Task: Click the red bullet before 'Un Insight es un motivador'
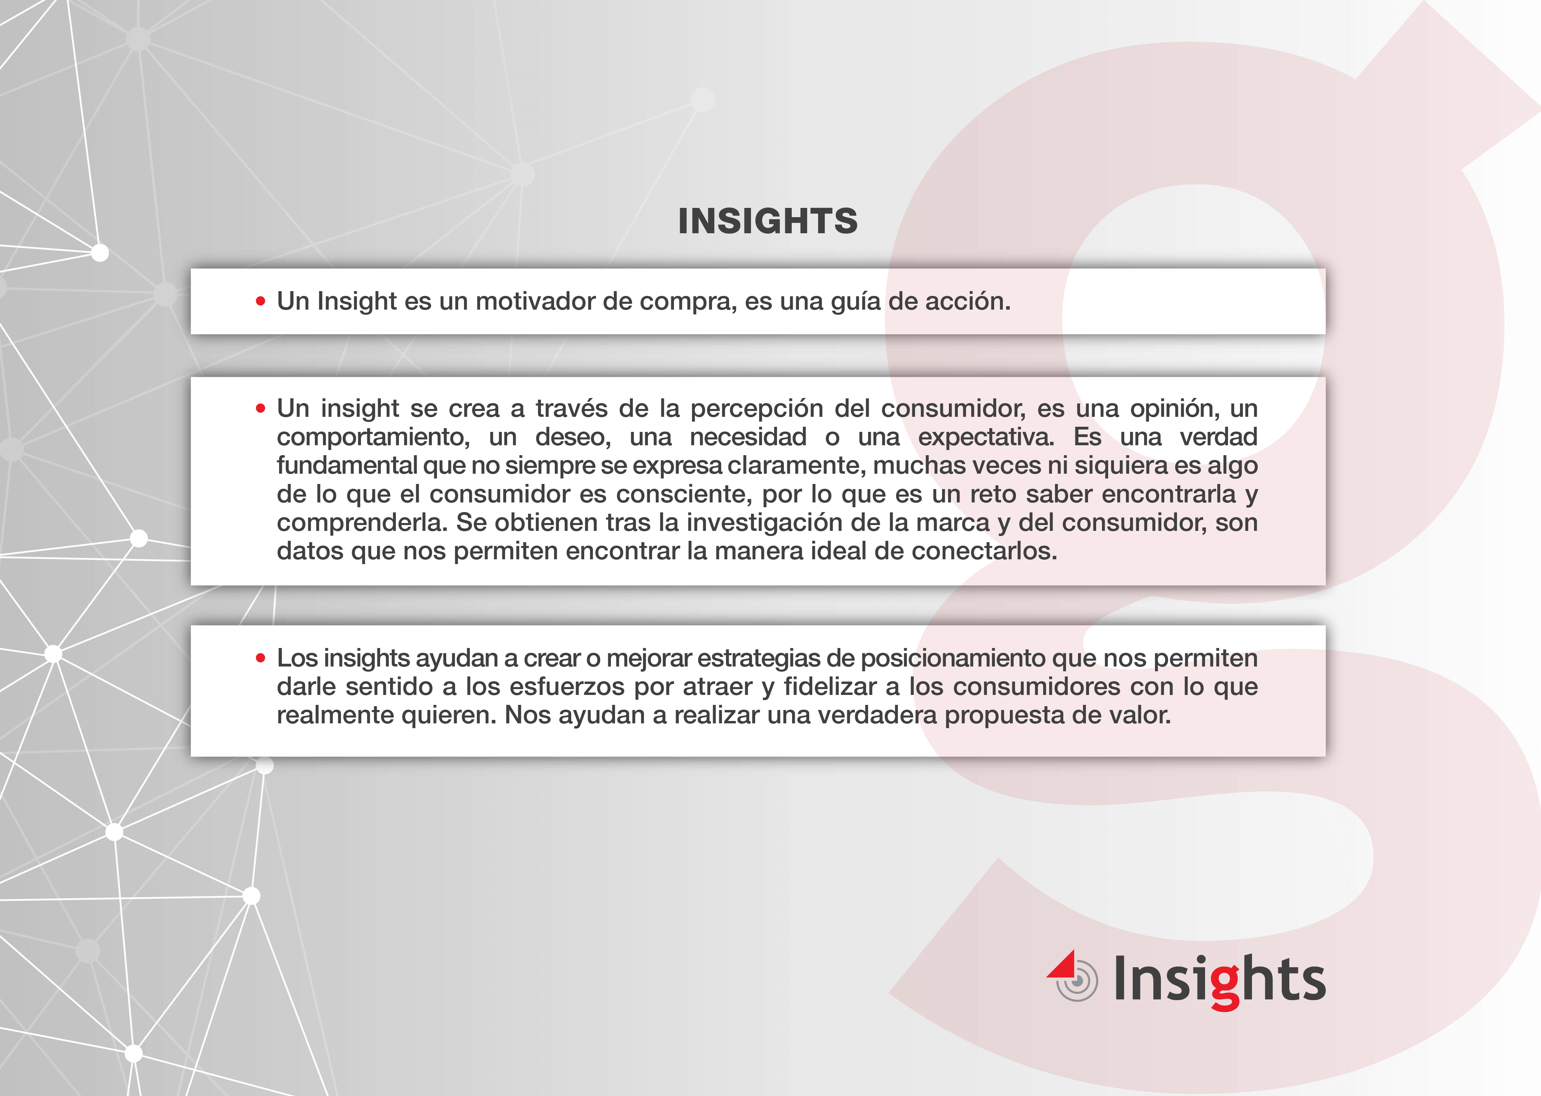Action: click(261, 302)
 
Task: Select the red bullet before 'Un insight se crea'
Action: click(261, 408)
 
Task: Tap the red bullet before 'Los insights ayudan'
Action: click(261, 658)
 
